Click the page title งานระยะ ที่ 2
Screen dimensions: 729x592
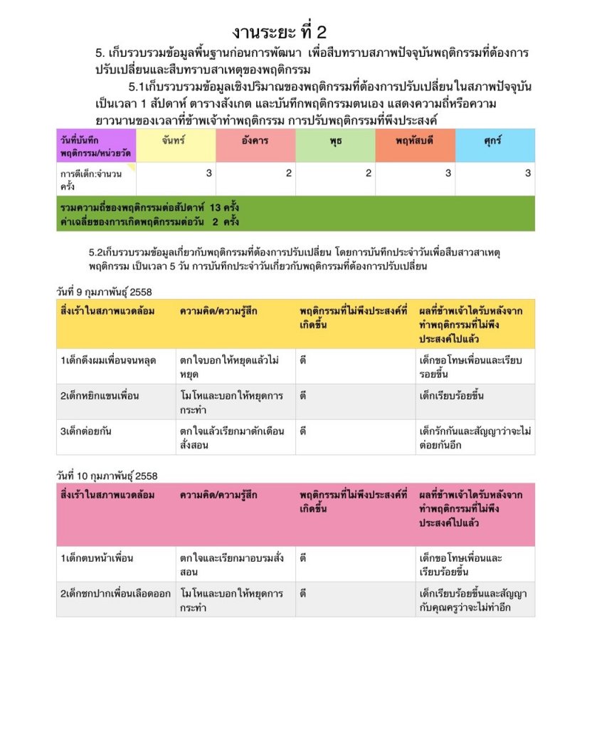pyautogui.click(x=279, y=32)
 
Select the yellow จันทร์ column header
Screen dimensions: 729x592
pyautogui.click(x=173, y=141)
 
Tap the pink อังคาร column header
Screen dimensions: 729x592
pyautogui.click(x=255, y=141)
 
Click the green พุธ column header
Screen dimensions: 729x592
pyautogui.click(x=334, y=141)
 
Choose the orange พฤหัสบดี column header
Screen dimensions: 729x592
pyautogui.click(x=415, y=141)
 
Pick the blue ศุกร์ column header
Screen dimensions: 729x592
pyautogui.click(x=492, y=141)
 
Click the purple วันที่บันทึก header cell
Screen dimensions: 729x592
pyautogui.click(x=95, y=146)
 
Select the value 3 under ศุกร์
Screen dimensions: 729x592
pyautogui.click(x=528, y=173)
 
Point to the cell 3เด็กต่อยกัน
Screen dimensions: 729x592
pyautogui.click(x=85, y=431)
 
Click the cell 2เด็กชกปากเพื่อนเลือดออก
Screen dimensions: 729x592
pyautogui.click(x=115, y=593)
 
